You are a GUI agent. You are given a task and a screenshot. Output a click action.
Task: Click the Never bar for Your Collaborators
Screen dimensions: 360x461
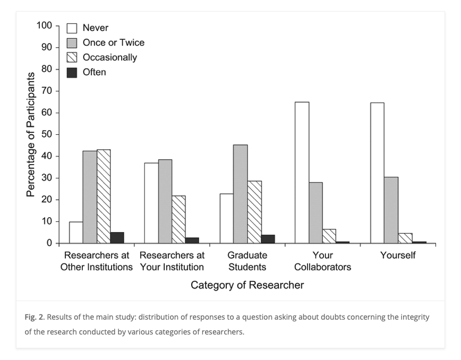tap(302, 173)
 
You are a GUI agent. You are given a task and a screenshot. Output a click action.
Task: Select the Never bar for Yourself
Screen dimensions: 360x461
tap(377, 173)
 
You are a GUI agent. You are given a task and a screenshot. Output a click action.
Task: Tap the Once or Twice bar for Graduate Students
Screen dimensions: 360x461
tap(240, 194)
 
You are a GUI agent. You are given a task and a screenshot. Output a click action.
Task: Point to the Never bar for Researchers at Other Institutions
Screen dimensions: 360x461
tap(76, 232)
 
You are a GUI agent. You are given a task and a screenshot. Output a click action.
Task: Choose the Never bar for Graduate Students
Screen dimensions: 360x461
tap(227, 218)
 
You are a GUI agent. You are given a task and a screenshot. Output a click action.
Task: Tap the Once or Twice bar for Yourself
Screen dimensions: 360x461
tap(391, 210)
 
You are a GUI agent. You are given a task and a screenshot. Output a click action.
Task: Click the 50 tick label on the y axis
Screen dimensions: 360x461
tap(47, 134)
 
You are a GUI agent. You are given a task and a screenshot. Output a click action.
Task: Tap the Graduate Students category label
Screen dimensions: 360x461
tap(247, 261)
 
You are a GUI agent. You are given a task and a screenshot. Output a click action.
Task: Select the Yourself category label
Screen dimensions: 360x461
tap(398, 255)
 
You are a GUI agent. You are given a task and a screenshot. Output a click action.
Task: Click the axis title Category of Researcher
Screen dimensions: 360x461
tap(247, 285)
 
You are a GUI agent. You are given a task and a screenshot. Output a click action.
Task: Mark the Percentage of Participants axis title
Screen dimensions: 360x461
tap(31, 134)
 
